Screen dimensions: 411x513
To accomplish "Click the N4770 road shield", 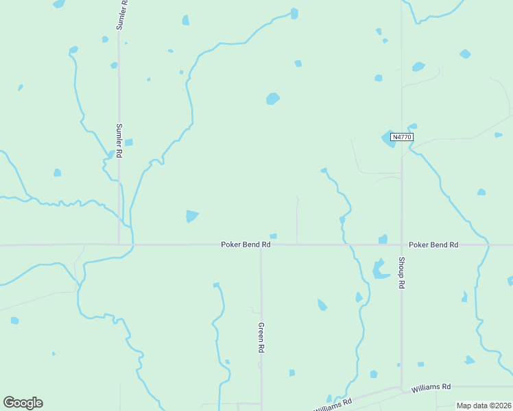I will (401, 137).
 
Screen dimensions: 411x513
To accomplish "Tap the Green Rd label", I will (261, 338).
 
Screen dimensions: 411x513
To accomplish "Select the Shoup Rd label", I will (402, 273).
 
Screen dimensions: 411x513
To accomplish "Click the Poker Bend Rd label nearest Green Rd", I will (246, 245).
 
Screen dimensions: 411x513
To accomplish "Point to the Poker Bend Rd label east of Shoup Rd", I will (433, 245).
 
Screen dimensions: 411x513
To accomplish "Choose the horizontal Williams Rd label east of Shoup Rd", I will (431, 388).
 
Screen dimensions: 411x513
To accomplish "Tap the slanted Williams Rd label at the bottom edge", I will (334, 404).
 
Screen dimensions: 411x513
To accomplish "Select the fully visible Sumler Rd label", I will (119, 140).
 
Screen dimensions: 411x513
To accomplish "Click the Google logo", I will (23, 403).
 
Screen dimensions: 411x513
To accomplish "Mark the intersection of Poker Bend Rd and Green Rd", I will (261, 245).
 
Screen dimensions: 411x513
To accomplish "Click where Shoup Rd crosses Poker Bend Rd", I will (402, 245).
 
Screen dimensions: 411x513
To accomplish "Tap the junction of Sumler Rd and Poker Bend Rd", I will (119, 244).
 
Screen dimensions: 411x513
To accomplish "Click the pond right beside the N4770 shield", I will (387, 139).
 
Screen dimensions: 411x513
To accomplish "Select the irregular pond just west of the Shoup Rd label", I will (379, 269).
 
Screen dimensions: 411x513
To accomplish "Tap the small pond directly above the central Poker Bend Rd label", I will (273, 236).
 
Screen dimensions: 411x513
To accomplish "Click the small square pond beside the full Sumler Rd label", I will (128, 142).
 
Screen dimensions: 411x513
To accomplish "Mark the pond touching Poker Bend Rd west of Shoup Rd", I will (383, 239).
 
